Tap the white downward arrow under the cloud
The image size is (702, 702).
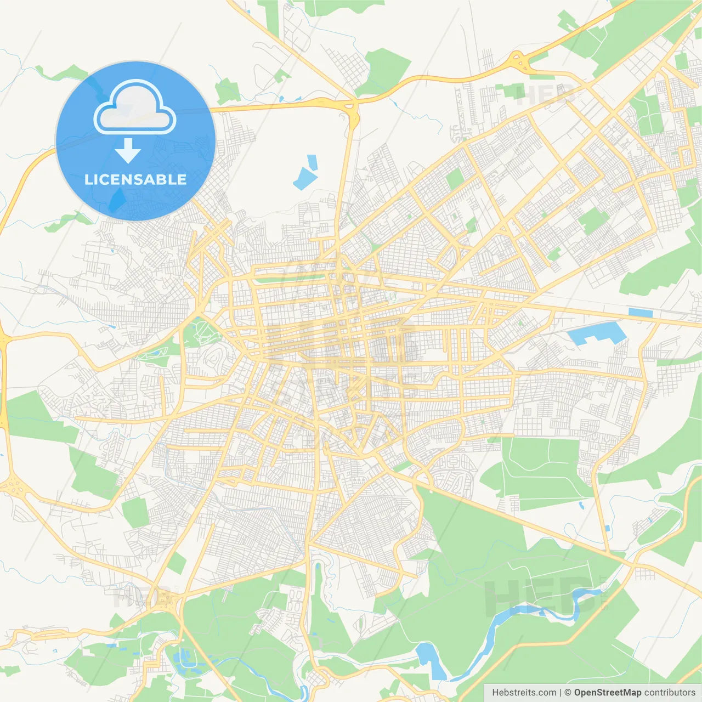click(x=128, y=151)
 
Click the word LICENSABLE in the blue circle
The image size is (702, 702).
click(x=135, y=180)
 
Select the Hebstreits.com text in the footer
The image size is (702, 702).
click(x=524, y=693)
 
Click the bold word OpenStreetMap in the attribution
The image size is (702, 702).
click(x=608, y=693)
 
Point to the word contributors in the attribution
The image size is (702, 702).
click(x=670, y=693)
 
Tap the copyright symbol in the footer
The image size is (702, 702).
click(x=568, y=693)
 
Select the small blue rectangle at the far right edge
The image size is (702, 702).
click(x=641, y=313)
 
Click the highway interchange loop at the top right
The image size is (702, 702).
click(x=518, y=61)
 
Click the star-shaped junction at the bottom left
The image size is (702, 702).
click(x=165, y=601)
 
